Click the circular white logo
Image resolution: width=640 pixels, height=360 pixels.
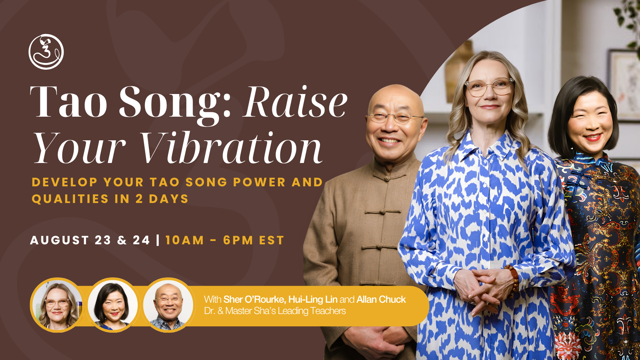click(x=46, y=52)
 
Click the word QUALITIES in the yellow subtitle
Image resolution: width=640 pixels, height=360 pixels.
click(x=70, y=199)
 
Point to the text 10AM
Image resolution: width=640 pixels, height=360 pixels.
click(x=185, y=240)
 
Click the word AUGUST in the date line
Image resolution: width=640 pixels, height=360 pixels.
click(x=60, y=240)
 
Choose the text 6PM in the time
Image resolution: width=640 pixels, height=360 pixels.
click(x=238, y=240)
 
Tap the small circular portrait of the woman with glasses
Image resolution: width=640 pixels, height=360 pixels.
click(x=57, y=305)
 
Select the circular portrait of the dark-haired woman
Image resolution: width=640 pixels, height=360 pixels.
click(x=113, y=305)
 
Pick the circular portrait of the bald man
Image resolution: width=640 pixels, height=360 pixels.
click(x=168, y=305)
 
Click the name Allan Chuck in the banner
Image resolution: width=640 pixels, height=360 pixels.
click(x=381, y=299)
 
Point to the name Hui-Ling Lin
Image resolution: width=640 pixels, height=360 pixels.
click(x=313, y=300)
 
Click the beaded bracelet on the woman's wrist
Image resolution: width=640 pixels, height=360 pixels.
click(x=513, y=278)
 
